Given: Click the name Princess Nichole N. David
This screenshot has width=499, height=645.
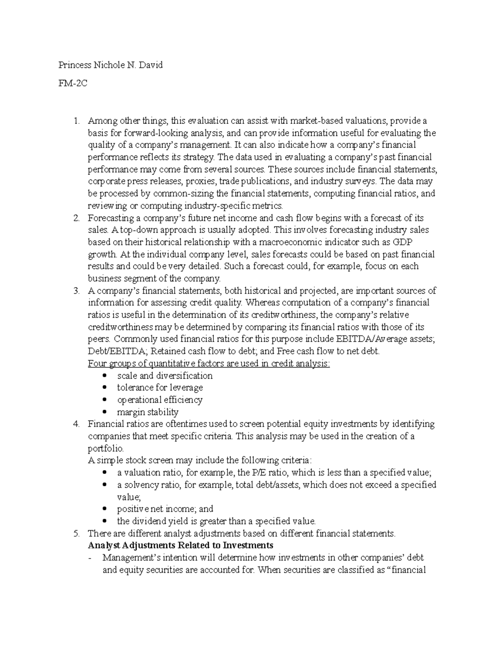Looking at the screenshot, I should click(x=110, y=65).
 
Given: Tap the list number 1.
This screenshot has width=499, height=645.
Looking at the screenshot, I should click(x=76, y=121).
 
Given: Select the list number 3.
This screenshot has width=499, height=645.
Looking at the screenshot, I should click(x=76, y=291).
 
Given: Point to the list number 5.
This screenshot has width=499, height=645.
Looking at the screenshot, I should click(x=76, y=533).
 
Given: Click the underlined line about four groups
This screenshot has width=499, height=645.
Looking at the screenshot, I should click(x=209, y=364).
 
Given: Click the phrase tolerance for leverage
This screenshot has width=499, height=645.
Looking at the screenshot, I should click(x=160, y=387).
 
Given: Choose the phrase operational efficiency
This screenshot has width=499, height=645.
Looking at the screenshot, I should click(x=160, y=400).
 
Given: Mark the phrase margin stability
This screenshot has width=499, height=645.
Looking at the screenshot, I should click(x=148, y=412).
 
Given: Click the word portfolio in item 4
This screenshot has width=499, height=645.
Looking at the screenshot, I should click(x=105, y=449).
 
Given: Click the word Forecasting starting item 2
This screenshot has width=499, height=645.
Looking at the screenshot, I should click(x=111, y=218).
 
